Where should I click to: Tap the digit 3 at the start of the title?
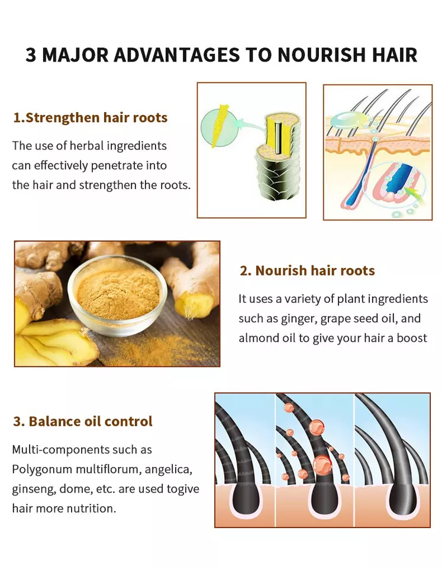[31, 55]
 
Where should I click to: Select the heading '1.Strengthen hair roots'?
[90, 117]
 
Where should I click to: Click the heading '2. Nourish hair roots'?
[307, 270]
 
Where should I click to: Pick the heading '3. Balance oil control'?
[83, 421]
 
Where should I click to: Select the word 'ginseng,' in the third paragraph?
[34, 489]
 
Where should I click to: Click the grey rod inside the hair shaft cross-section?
[278, 138]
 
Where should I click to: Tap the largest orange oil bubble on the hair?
[322, 465]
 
